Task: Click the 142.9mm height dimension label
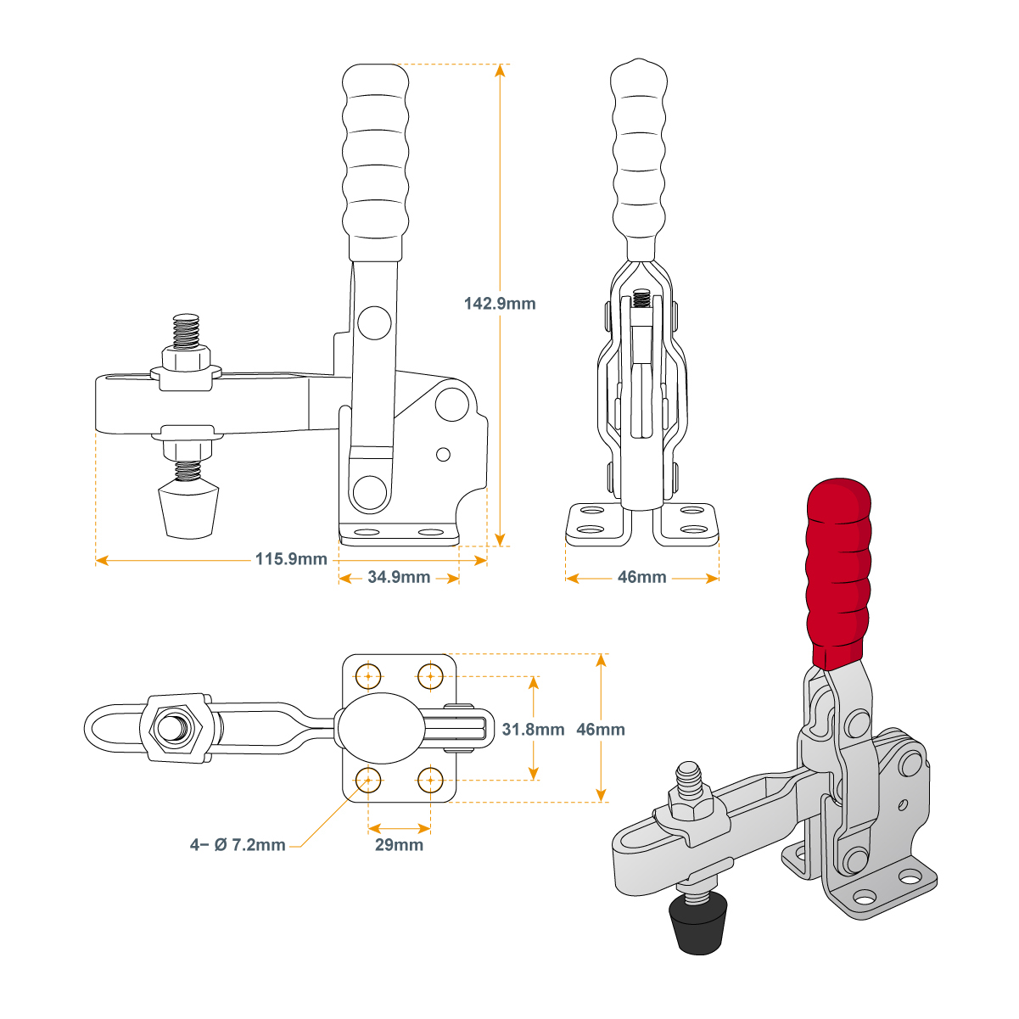500,303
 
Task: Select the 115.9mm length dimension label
291,559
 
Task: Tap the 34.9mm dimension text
399,578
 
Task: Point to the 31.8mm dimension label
533,729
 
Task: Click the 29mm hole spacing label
399,845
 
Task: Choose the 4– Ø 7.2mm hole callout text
238,845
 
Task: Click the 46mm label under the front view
641,578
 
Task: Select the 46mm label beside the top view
600,729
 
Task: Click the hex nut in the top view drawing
176,728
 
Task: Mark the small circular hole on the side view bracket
443,455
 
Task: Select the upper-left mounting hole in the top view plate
368,676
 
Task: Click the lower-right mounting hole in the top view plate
431,779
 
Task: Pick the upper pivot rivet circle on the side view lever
374,323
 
